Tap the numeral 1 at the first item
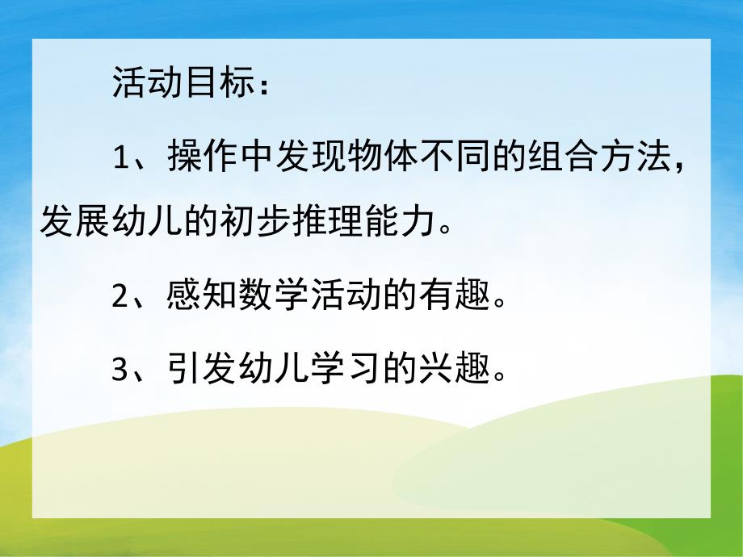click(x=120, y=157)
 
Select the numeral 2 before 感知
click(x=120, y=298)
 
